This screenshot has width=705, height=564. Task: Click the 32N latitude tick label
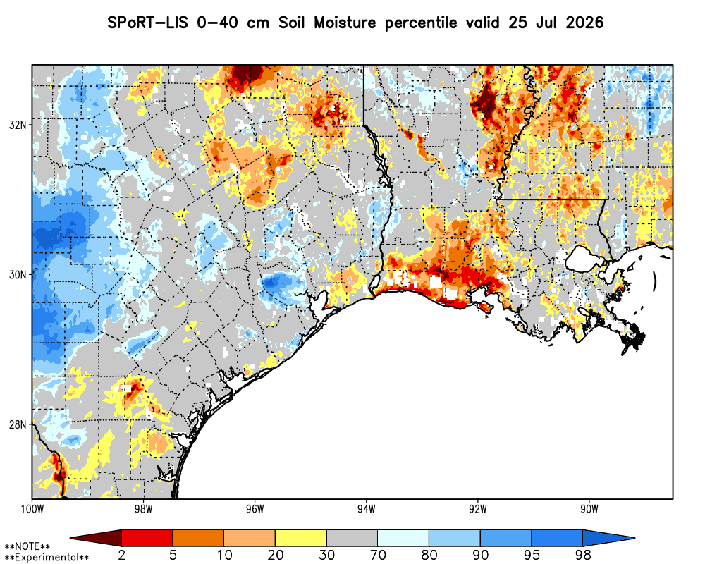(x=18, y=125)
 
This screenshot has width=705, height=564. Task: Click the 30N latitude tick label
(x=18, y=274)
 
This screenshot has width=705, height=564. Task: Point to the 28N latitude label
(x=18, y=424)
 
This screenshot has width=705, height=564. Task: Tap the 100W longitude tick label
(x=32, y=509)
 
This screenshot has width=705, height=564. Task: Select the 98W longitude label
(x=143, y=509)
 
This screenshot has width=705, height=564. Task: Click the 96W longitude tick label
(x=255, y=509)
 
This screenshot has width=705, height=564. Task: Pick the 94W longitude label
(x=367, y=509)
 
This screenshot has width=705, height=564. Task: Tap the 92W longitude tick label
(x=478, y=509)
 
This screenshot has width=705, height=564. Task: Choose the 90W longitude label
(x=589, y=509)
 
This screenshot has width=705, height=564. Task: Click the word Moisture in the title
(x=345, y=23)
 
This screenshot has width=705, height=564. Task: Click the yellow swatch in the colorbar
(x=301, y=538)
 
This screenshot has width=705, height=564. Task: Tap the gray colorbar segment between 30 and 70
(x=352, y=538)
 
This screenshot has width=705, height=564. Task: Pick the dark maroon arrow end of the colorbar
(x=96, y=538)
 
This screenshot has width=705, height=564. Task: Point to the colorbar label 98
(x=583, y=556)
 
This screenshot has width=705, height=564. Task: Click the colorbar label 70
(x=378, y=556)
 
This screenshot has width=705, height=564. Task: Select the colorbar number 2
(x=122, y=556)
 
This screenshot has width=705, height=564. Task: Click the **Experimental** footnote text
(x=47, y=558)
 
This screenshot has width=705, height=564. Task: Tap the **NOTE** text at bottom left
(x=27, y=547)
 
